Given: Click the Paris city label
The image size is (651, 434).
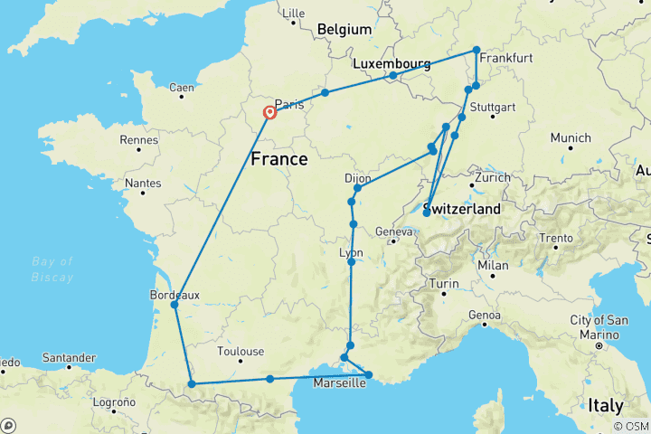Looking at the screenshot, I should click(x=288, y=103).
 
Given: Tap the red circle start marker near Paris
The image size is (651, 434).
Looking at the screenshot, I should click(x=269, y=113).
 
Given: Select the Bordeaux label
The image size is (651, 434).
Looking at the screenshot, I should click(x=175, y=294).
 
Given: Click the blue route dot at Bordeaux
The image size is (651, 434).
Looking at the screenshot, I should click(x=174, y=305).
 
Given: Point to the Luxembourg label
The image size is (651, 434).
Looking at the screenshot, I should click(x=391, y=64).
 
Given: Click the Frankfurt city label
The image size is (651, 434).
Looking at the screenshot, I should click(x=506, y=58).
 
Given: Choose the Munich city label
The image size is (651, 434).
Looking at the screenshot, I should click(x=571, y=137).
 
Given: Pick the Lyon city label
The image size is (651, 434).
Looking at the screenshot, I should click(x=351, y=252).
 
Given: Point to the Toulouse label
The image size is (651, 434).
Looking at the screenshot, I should click(x=241, y=352).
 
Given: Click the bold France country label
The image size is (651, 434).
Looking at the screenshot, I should click(x=278, y=159).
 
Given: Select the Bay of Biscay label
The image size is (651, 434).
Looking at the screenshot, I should click(x=52, y=269).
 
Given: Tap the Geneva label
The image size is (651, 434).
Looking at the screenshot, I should click(x=394, y=231).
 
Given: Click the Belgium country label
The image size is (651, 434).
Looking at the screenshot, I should click(x=344, y=30).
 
